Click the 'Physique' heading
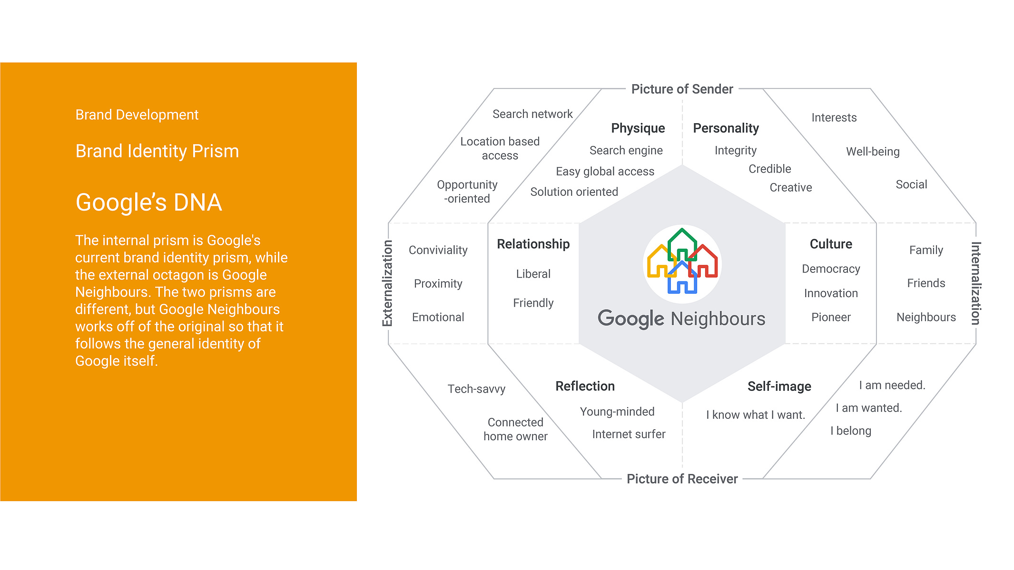point(638,128)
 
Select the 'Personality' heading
point(726,128)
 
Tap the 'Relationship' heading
point(533,244)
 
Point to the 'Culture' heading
point(831,244)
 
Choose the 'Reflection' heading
point(585,386)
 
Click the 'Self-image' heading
point(779,386)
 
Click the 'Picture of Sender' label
point(682,89)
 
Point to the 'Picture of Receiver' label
point(682,479)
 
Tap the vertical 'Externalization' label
point(387,283)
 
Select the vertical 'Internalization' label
point(976,283)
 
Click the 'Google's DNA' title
point(149,203)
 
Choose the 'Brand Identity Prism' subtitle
point(157,151)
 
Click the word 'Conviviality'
point(438,250)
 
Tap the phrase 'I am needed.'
point(892,385)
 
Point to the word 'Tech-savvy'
point(476,389)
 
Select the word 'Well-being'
point(873,152)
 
